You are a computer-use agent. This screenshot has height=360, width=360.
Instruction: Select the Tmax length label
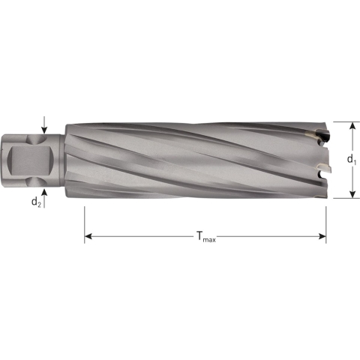pyautogui.click(x=205, y=238)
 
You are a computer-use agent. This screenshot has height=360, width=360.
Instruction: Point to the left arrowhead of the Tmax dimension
pyautogui.click(x=88, y=236)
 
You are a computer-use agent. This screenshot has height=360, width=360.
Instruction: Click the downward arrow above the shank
pyautogui.click(x=46, y=127)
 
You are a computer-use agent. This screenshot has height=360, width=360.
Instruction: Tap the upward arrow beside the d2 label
pyautogui.click(x=46, y=194)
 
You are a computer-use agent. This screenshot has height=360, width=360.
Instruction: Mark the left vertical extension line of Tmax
pyautogui.click(x=84, y=221)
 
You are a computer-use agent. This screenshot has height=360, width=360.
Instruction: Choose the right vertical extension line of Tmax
pyautogui.click(x=326, y=221)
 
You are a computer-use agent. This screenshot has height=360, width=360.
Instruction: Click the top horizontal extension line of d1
pyautogui.click(x=342, y=121)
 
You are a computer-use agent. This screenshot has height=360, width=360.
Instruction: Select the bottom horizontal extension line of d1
pyautogui.click(x=342, y=199)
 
